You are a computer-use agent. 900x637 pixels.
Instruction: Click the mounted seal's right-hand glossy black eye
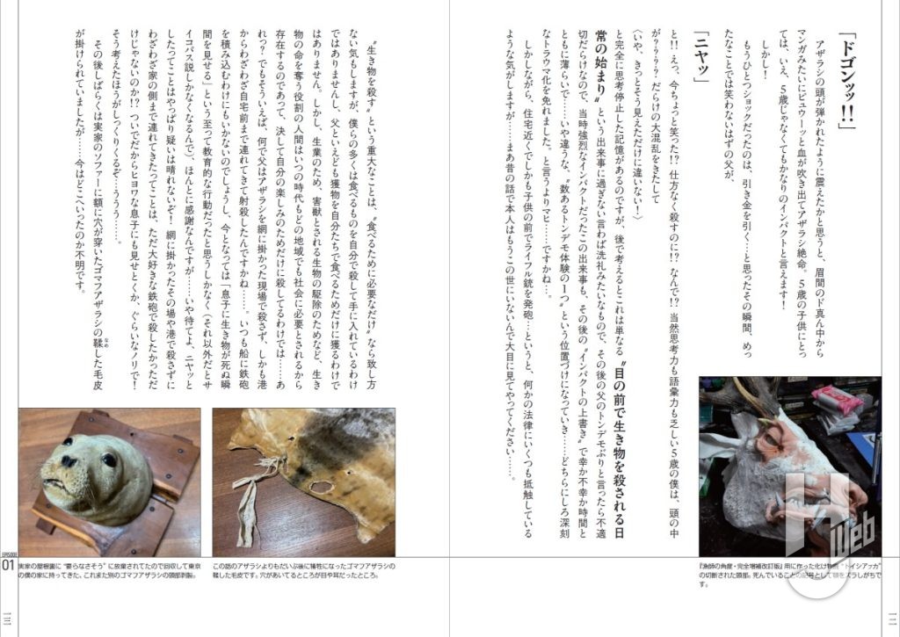click(x=108, y=460)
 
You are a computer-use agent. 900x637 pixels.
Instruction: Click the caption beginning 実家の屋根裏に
click(x=106, y=572)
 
